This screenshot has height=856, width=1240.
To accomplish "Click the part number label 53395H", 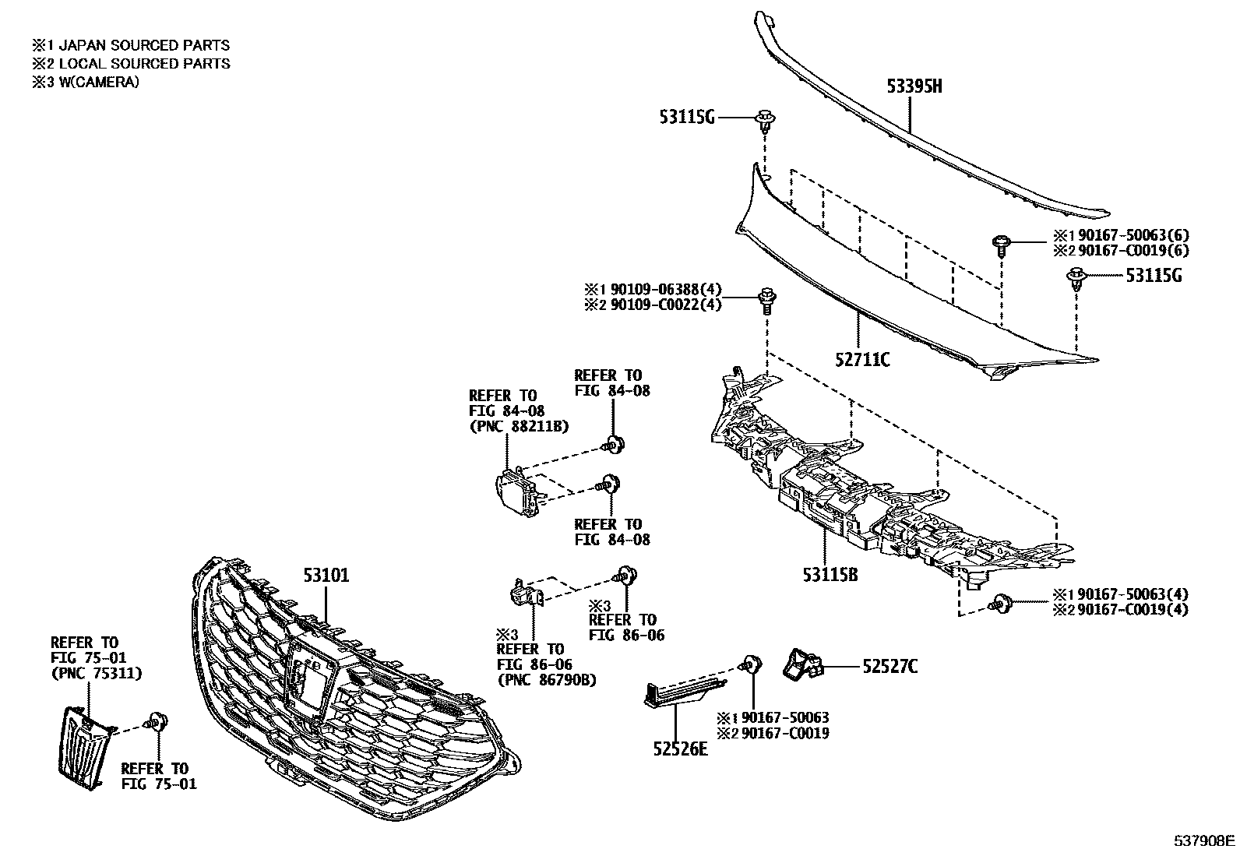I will click(914, 86).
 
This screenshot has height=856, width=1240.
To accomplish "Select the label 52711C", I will click(862, 360).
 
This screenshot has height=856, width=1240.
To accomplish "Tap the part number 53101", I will click(326, 576).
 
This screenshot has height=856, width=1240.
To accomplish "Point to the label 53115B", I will click(830, 575).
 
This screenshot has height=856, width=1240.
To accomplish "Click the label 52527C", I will click(889, 666).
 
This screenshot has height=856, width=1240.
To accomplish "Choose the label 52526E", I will click(681, 749).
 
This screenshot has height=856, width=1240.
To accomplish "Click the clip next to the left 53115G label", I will click(766, 121).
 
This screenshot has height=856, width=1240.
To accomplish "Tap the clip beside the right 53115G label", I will click(1076, 277).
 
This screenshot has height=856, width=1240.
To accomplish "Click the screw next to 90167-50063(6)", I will click(1002, 245).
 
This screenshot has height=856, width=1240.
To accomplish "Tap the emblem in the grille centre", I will click(310, 674).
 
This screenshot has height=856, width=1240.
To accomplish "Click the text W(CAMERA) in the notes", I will click(99, 82).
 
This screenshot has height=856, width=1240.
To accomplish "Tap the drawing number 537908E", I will click(1205, 840).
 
